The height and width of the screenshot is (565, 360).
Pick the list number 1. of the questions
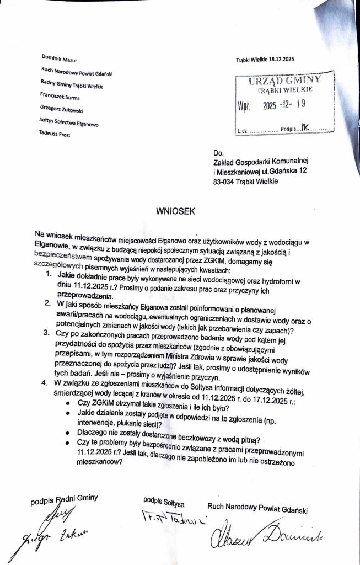point(49,274)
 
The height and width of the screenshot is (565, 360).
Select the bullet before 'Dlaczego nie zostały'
point(67,433)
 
